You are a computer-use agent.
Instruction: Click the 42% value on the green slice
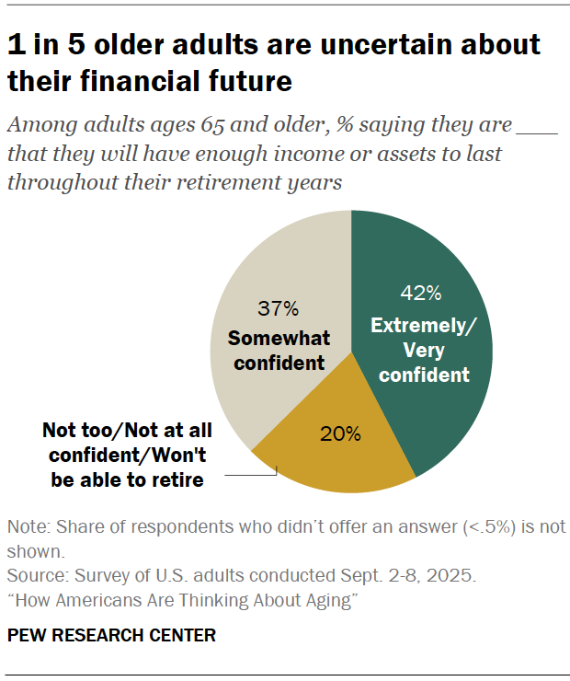coord(421,294)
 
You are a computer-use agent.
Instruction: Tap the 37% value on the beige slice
coord(278,308)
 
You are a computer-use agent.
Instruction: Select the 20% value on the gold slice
coord(339,434)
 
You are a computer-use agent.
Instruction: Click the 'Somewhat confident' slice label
coord(279,350)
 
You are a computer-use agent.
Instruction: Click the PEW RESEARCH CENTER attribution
coord(111,635)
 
